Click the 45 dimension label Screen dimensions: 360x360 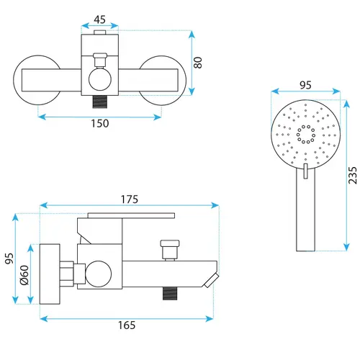tap(99, 19)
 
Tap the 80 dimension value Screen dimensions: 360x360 tap(198, 63)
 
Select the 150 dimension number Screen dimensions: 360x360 tap(100, 123)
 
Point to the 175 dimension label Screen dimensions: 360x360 tap(130, 199)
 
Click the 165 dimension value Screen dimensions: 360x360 tap(127, 325)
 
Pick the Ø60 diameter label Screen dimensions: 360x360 tap(24, 275)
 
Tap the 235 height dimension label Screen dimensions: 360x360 tap(353, 176)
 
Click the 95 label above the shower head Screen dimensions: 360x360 tap(305, 85)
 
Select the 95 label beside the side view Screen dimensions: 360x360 tap(9, 258)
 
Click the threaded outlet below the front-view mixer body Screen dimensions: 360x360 tap(100, 102)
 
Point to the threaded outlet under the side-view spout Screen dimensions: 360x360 tap(170, 293)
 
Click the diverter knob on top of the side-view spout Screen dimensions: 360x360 tap(170, 250)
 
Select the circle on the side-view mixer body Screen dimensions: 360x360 tap(98, 274)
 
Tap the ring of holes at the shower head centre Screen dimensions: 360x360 tap(306, 134)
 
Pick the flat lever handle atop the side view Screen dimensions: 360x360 tap(131, 215)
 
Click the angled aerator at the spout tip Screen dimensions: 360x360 tap(212, 280)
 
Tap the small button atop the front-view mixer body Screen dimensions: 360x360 tap(100, 32)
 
